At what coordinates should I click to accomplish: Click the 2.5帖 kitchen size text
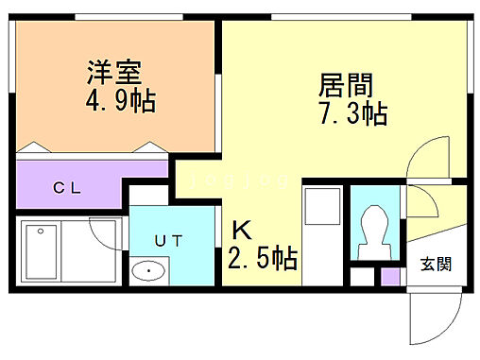tap(262, 257)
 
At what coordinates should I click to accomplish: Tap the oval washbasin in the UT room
tap(147, 272)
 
